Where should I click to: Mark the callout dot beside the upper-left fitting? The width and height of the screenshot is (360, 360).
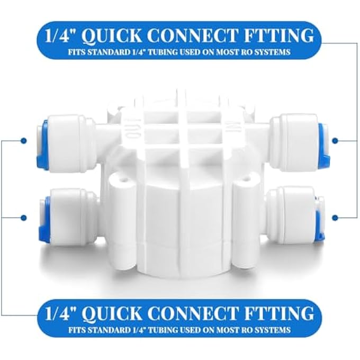coord(23,141)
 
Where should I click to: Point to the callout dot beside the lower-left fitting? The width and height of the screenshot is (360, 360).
coord(23,217)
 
